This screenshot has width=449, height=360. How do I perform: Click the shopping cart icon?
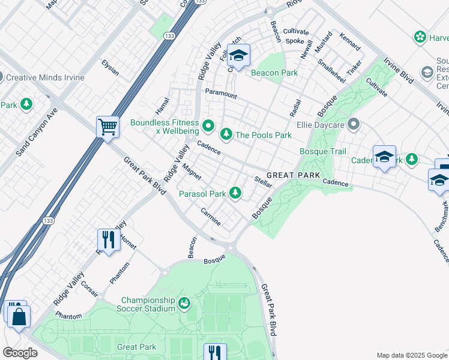coord(107,127)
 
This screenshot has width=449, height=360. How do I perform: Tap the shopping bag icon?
coord(19,316)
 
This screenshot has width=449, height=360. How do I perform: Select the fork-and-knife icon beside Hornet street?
coord(109,240)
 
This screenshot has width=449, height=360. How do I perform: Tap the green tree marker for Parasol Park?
coord(237,193)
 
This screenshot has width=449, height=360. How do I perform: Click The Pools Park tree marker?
coord(226,134)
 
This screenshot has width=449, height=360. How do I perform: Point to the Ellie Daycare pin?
coord(354,125)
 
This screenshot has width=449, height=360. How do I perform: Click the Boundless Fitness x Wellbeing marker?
coord(208,125)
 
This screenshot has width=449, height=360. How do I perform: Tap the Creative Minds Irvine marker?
coord(1,77)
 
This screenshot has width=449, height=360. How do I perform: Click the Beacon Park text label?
coord(274,73)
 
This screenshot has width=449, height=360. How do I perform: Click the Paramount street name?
coord(221,94)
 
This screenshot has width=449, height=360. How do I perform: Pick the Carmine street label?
coord(211,217)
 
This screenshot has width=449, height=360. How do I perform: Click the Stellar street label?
coord(264,182)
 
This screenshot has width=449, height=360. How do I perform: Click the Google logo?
coord(20,353)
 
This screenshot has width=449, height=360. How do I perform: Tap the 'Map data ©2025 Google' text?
coord(411,355)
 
